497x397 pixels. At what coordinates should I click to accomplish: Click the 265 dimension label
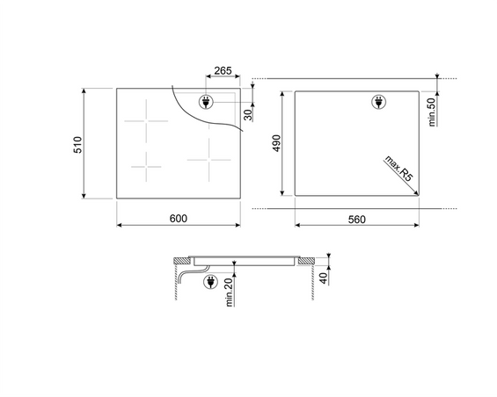[223, 70]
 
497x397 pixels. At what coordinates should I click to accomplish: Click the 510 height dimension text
[77, 145]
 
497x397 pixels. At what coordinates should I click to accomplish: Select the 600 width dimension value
[179, 219]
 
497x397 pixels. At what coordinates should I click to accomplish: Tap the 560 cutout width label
[357, 219]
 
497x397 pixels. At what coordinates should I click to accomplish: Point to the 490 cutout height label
[276, 143]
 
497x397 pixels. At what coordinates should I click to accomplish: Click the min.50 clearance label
[432, 112]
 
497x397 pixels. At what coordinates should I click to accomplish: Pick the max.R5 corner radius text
[399, 168]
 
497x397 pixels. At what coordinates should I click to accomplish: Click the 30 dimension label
[249, 114]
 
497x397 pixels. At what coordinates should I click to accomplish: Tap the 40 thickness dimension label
[323, 278]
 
